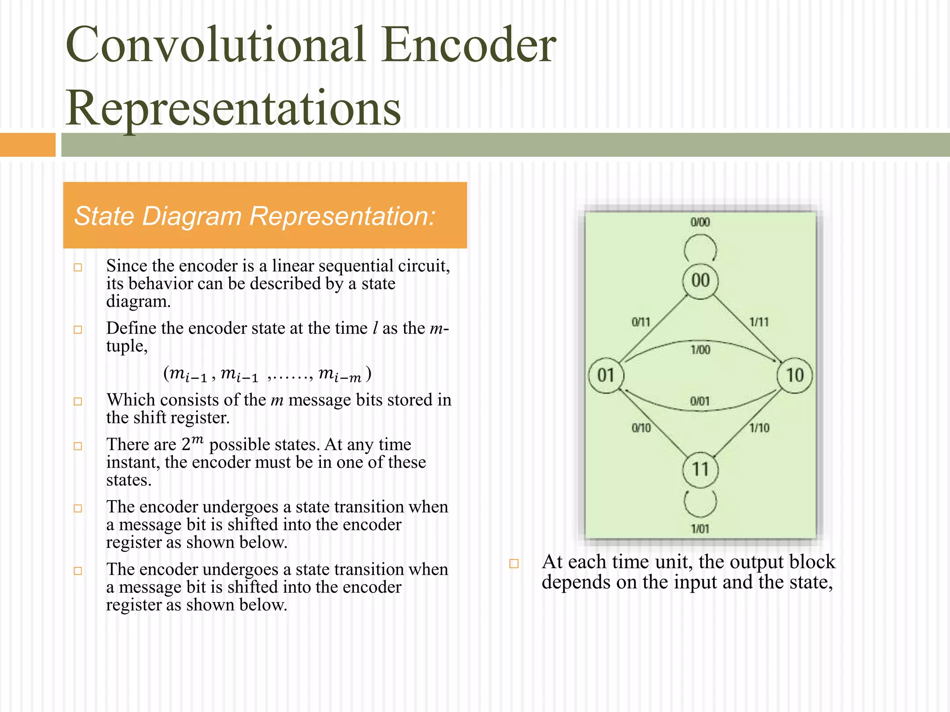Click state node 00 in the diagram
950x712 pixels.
(700, 281)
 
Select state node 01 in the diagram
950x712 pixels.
(606, 375)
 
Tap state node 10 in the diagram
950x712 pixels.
(795, 375)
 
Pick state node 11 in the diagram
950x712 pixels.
(700, 470)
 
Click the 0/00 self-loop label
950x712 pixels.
(700, 222)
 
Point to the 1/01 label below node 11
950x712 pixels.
(700, 529)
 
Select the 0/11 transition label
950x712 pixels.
(641, 322)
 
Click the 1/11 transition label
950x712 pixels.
(759, 322)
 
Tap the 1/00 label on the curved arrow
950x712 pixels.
(700, 350)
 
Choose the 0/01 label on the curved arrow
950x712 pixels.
(700, 401)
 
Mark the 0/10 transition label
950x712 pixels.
(641, 428)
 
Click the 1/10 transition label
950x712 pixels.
(759, 428)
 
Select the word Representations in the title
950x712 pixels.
(233, 108)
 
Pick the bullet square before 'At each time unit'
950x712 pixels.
(514, 564)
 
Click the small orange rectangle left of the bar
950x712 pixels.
(27, 145)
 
